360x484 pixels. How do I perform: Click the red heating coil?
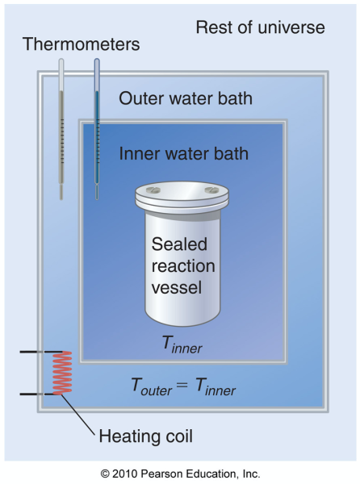(62, 373)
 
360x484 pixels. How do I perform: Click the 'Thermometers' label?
(81, 44)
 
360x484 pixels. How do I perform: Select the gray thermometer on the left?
(61, 129)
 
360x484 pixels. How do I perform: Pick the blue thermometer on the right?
(97, 129)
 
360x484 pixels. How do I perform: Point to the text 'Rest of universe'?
(260, 27)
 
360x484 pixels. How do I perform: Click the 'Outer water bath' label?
(186, 98)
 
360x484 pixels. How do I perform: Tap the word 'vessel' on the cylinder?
(180, 287)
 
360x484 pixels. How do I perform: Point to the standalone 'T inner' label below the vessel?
(182, 346)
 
